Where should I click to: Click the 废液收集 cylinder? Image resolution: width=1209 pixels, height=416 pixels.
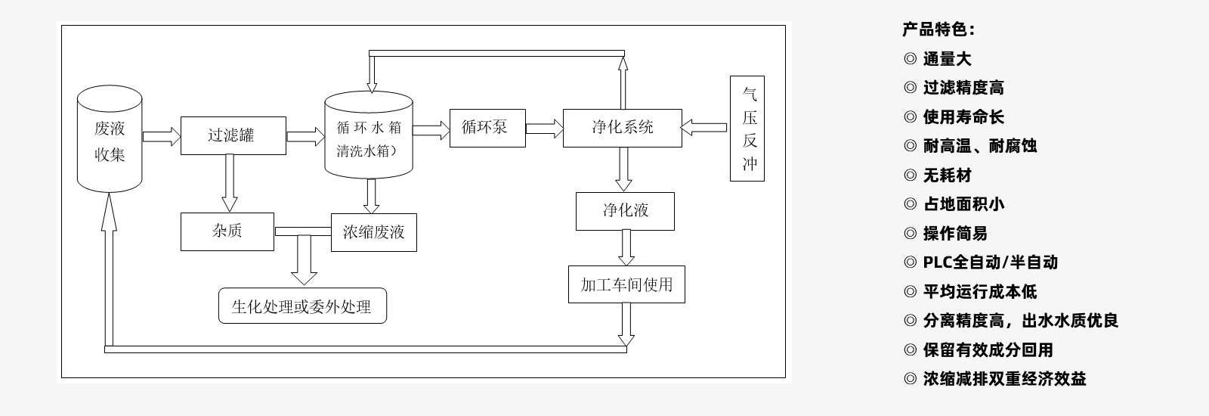(110, 140)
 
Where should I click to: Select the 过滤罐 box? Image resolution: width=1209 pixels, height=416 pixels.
(233, 135)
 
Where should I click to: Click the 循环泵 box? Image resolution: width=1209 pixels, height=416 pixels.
(487, 128)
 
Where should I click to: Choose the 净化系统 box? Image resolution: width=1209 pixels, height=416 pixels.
(622, 128)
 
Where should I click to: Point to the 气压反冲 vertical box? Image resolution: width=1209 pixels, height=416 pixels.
(747, 129)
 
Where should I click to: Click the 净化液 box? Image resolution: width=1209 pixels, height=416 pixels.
(625, 211)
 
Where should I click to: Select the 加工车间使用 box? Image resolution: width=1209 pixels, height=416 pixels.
(626, 284)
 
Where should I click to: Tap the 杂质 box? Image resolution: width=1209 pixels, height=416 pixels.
(227, 231)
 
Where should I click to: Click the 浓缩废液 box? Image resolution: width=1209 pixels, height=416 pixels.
(373, 231)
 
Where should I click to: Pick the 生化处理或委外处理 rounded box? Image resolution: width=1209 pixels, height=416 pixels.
(302, 306)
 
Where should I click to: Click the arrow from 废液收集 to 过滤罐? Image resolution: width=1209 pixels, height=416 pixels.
(162, 136)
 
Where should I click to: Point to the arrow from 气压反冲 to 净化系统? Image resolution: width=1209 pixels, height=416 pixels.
(705, 128)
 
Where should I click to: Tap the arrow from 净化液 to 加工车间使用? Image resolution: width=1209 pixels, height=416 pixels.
(626, 247)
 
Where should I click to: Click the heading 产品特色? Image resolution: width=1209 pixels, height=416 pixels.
(938, 29)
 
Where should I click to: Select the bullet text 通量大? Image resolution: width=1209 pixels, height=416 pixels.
(947, 59)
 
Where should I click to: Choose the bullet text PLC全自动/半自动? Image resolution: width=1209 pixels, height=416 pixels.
(990, 262)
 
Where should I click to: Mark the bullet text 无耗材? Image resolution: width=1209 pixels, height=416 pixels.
(947, 175)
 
